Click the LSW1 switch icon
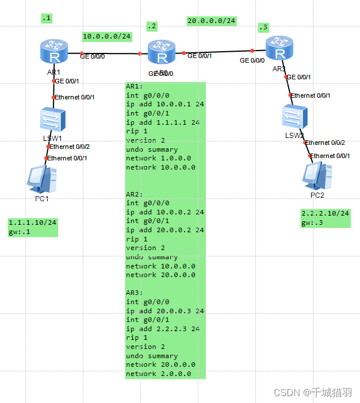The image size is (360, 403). [54, 120]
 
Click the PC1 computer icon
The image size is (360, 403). [42, 179]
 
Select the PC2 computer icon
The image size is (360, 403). [318, 176]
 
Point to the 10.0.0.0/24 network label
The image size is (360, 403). [107, 36]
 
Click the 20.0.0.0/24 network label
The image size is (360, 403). [212, 21]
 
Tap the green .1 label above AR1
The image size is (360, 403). [46, 18]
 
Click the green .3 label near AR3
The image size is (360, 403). [263, 27]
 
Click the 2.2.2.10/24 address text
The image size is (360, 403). [325, 213]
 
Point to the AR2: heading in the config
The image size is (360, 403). [135, 194]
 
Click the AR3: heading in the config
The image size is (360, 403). [135, 293]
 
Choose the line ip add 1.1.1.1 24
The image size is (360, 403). [163, 122]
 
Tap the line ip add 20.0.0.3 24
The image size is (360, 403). [164, 311]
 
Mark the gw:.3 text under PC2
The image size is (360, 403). [312, 223]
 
